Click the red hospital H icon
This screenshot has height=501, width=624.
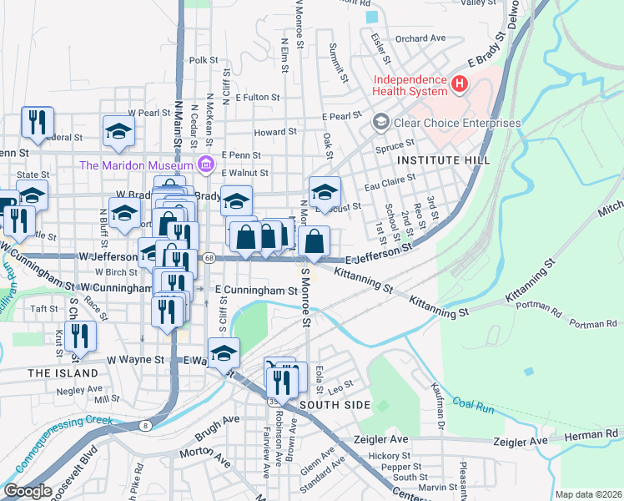[458, 83]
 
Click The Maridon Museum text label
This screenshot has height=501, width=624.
[137, 164]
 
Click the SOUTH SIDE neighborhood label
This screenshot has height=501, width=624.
[335, 405]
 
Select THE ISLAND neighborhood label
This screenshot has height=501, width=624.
[63, 372]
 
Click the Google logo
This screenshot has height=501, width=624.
[27, 491]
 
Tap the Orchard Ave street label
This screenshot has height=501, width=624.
[420, 38]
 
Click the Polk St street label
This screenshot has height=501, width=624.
[204, 60]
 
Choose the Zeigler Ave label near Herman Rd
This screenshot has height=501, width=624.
[521, 441]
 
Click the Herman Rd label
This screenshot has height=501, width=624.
[601, 434]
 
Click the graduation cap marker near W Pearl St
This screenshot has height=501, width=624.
[118, 129]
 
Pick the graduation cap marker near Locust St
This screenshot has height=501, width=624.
[325, 191]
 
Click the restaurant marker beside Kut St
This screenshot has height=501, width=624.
[80, 335]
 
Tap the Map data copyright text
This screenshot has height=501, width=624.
[588, 494]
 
